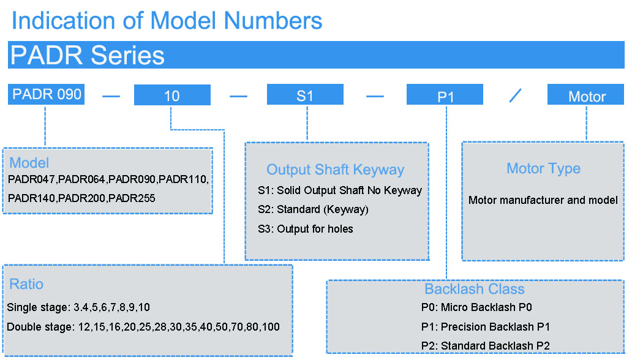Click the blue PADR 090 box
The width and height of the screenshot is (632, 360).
click(46, 94)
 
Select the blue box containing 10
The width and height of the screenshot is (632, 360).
click(172, 95)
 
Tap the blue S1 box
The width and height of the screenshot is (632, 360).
click(305, 94)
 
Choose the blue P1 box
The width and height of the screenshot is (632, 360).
click(445, 94)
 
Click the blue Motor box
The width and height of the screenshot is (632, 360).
click(585, 94)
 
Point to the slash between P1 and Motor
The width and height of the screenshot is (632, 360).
click(516, 96)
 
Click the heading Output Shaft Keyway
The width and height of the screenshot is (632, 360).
click(336, 170)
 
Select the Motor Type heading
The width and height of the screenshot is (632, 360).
click(543, 168)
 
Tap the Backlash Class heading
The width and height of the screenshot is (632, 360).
click(475, 289)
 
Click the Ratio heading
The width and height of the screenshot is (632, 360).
click(26, 284)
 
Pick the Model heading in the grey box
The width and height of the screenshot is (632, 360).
click(29, 163)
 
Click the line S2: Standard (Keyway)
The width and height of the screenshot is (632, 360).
click(313, 209)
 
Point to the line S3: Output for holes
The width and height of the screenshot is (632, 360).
click(306, 229)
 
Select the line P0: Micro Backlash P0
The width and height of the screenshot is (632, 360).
click(476, 307)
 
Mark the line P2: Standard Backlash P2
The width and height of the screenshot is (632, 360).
click(485, 346)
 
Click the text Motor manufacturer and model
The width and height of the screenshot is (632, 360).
click(543, 200)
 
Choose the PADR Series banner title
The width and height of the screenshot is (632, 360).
click(88, 55)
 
